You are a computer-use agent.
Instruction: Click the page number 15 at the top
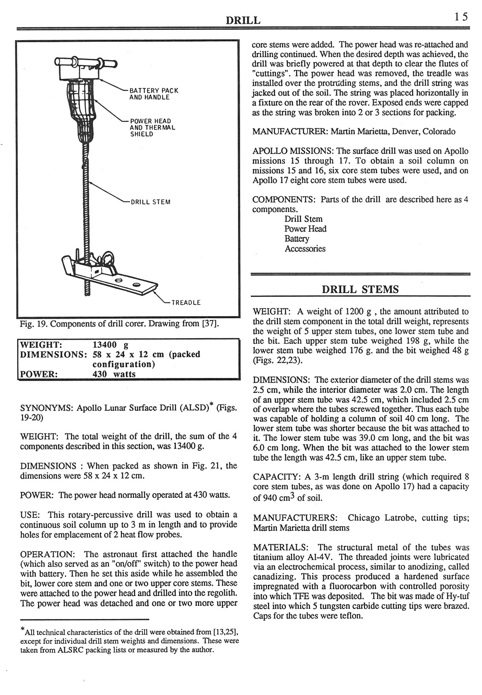click(461, 17)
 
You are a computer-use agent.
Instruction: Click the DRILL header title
click(243, 20)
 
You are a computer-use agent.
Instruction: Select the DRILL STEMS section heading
click(360, 290)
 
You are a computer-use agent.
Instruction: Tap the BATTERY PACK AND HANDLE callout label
click(154, 94)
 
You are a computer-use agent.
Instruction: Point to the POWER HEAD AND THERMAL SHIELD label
click(152, 127)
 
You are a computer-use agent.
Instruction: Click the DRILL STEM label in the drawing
click(151, 202)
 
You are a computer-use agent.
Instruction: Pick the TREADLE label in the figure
click(186, 302)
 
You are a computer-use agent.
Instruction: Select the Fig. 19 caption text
click(120, 323)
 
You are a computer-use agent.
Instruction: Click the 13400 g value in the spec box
click(110, 344)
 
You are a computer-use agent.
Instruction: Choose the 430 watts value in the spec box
click(114, 374)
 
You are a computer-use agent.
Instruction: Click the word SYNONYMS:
click(47, 407)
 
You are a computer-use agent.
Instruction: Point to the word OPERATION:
click(48, 554)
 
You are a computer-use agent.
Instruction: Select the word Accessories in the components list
click(305, 249)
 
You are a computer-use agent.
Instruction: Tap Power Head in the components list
click(305, 229)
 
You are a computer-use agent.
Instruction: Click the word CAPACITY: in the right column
click(277, 477)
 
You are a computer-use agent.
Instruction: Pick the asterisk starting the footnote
click(22, 630)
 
